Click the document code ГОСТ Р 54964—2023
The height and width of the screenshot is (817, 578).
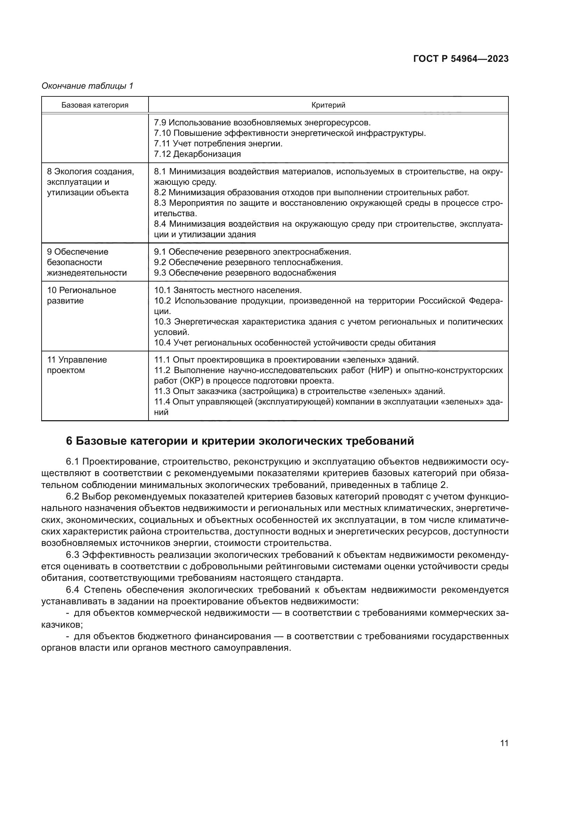coord(461,59)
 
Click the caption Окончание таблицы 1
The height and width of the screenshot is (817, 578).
coord(87,86)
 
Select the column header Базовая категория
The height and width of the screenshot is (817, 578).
coord(95,105)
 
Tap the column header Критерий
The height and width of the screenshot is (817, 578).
coord(328,105)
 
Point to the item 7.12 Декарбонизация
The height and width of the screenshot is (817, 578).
coord(197,154)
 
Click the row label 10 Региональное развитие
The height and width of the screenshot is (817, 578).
coord(81,296)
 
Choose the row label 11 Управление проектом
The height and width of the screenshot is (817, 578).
coord(77,365)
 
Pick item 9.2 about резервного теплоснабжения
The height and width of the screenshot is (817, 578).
coord(248,262)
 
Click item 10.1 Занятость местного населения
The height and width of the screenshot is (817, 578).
coord(228,290)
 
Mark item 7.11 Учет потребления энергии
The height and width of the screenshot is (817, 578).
coord(218,144)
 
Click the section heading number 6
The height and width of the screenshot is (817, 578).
coord(69,441)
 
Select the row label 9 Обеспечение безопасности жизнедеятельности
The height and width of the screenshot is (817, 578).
coord(87,262)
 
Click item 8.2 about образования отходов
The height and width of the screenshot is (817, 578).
coord(311,192)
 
